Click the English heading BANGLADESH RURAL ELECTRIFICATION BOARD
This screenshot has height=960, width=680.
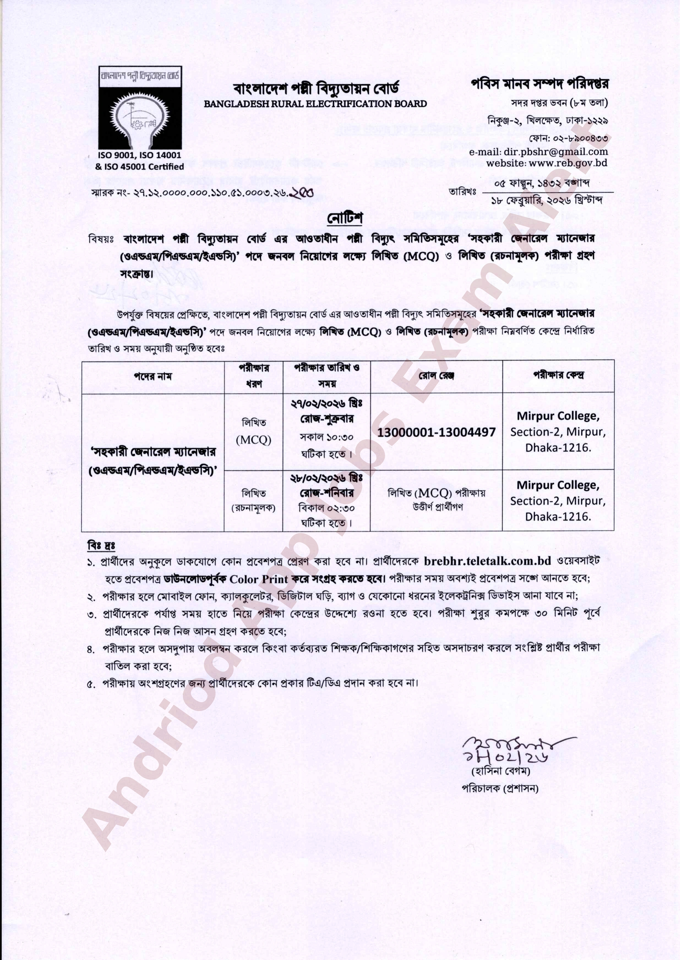coord(315,104)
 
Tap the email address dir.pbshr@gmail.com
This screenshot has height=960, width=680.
coord(539,152)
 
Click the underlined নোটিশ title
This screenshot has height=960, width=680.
coord(345,218)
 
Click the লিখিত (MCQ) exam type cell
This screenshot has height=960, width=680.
coord(254,431)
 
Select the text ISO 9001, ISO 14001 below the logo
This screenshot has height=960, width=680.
coord(140,155)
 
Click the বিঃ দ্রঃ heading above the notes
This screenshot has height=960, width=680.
coord(101,546)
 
